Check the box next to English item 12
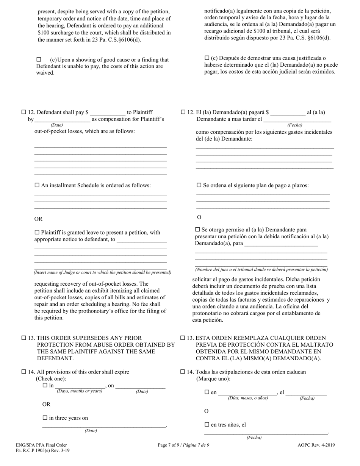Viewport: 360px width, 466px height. pos(23,112)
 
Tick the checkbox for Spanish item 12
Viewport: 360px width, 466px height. pos(183,112)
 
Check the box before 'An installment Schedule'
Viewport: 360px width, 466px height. pos(37,185)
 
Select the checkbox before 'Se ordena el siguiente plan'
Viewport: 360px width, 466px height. pos(199,185)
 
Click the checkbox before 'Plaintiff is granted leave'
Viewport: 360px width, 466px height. pos(37,232)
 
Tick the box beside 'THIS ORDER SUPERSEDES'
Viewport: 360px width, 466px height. pos(23,338)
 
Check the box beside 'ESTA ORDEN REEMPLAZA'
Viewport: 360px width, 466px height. pos(183,338)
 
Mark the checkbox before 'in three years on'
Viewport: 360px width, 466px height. pos(45,418)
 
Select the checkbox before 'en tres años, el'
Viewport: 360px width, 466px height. pos(207,425)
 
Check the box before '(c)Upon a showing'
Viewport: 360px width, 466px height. pos(39,59)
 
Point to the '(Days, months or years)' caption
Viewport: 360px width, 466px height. pos(80,391)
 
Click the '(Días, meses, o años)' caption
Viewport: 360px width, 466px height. pos(248,398)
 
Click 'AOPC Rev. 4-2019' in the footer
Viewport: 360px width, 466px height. pos(316,445)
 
